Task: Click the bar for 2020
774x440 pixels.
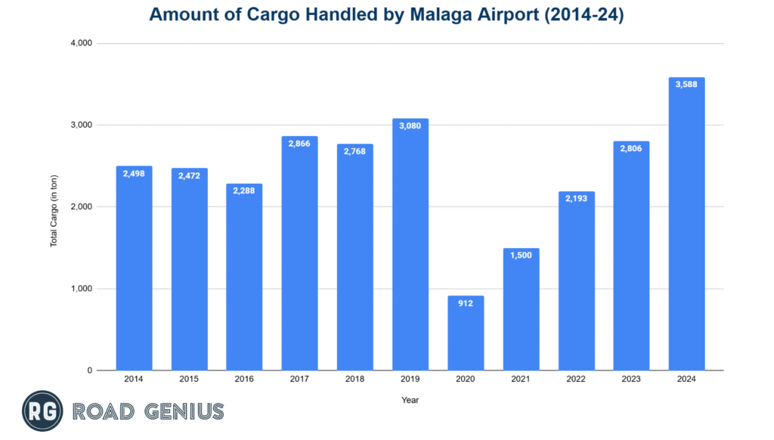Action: pyautogui.click(x=466, y=336)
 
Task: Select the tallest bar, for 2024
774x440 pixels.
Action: pyautogui.click(x=687, y=227)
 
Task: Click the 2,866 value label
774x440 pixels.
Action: pyautogui.click(x=300, y=144)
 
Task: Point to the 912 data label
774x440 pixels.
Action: pyautogui.click(x=466, y=304)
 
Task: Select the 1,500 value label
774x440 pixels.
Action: pyautogui.click(x=521, y=256)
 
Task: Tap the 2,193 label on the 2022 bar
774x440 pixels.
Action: pyautogui.click(x=577, y=200)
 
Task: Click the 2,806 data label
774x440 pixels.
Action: pyautogui.click(x=632, y=149)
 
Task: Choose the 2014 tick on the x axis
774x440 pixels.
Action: pyautogui.click(x=134, y=380)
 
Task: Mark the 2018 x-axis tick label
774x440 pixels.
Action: pyautogui.click(x=355, y=380)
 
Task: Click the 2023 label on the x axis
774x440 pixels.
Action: pyautogui.click(x=632, y=380)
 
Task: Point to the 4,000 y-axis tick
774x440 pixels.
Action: pyautogui.click(x=80, y=43)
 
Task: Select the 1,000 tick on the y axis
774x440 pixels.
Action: pyautogui.click(x=80, y=289)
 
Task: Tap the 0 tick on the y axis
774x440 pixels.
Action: pyautogui.click(x=89, y=370)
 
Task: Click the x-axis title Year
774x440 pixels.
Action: pyautogui.click(x=410, y=400)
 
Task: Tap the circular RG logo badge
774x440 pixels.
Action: pyautogui.click(x=42, y=411)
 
